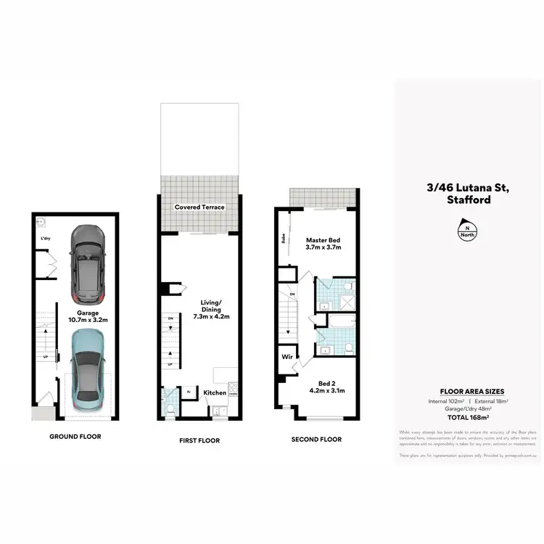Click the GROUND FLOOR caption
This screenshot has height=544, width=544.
point(75,437)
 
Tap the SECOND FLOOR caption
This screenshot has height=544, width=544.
point(316,440)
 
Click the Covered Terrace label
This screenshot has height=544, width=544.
point(199,207)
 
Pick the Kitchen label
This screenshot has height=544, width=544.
point(215,392)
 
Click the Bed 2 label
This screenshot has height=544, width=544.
point(326,387)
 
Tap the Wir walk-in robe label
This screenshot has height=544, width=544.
point(287,357)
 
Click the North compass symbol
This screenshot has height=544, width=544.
point(463,231)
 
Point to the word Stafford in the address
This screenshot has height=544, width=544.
point(469,199)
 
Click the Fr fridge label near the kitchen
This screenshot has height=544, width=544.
point(189,392)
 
